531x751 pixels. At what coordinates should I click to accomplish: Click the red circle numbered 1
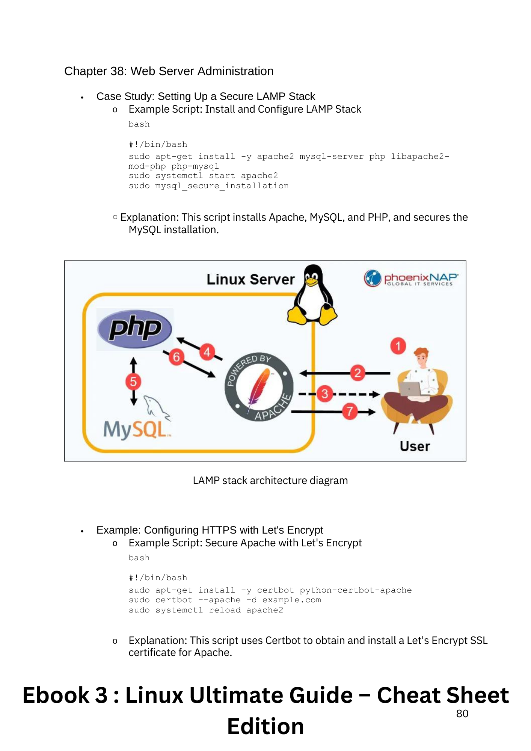[398, 346]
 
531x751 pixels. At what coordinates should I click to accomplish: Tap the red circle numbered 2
[358, 373]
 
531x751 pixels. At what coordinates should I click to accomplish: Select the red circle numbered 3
[325, 394]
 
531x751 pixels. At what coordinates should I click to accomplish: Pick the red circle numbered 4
[207, 352]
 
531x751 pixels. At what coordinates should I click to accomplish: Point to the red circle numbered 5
[133, 382]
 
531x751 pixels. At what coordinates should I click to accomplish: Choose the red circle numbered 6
[176, 357]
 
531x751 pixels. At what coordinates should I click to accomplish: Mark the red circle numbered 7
[350, 411]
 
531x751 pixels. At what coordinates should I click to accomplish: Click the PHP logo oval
[135, 329]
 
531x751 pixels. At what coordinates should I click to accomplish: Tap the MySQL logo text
[135, 429]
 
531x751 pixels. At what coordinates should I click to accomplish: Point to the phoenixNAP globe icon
[373, 278]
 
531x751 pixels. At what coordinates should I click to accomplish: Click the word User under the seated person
[415, 446]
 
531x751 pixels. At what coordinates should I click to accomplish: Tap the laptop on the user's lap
[410, 389]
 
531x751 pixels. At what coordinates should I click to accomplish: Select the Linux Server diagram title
[250, 280]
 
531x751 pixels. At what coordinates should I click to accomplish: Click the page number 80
[462, 714]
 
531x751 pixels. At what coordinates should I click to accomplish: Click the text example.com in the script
[292, 600]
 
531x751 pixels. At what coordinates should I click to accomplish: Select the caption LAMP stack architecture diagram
[270, 481]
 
